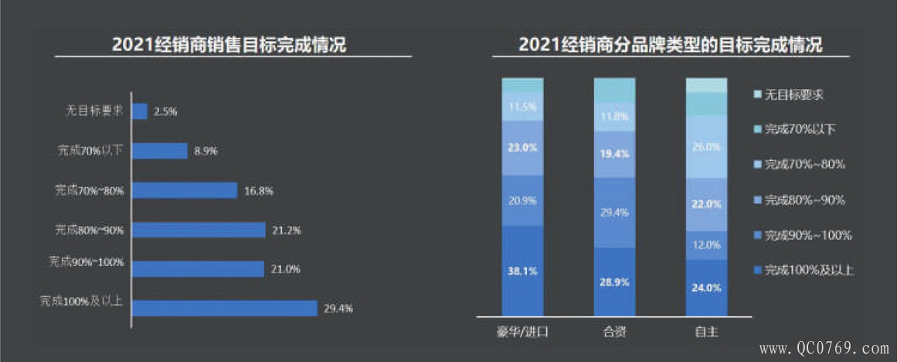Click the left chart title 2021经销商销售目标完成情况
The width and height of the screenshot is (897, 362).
(229, 45)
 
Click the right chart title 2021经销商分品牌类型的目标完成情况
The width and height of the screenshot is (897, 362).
(671, 45)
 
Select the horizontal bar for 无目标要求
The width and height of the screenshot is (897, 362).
(140, 111)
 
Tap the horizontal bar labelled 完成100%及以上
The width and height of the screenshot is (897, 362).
(225, 308)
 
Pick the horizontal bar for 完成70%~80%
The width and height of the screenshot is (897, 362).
(185, 190)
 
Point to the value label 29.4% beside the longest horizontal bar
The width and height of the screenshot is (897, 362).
(338, 309)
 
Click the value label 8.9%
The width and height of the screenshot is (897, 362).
(206, 151)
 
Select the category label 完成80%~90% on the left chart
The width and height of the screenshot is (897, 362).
(90, 230)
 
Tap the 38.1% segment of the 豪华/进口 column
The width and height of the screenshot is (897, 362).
(522, 271)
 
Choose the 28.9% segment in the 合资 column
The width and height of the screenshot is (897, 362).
(614, 282)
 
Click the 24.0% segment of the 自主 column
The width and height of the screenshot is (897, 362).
(706, 287)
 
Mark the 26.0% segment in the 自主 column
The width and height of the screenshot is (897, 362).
(706, 147)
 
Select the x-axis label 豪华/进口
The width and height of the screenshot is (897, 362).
(523, 333)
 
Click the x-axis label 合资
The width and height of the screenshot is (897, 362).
(614, 333)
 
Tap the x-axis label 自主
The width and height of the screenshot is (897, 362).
(706, 333)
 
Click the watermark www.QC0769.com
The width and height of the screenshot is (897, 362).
(824, 348)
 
